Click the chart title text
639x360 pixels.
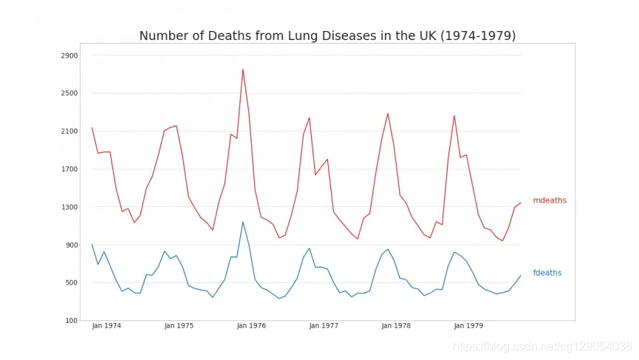click(x=327, y=36)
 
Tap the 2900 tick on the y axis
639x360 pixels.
click(x=69, y=55)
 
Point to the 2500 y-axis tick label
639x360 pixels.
click(x=69, y=93)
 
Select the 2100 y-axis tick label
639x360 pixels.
click(x=69, y=132)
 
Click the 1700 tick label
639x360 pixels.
click(x=69, y=169)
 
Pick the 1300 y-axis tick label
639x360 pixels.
click(x=69, y=207)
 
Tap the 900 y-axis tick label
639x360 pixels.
click(x=72, y=245)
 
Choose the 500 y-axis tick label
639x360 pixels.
click(x=72, y=283)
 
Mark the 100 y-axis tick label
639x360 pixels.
click(x=72, y=321)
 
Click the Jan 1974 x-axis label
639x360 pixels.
click(x=106, y=326)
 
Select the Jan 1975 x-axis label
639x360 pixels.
click(x=179, y=326)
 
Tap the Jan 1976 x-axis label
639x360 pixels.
click(x=251, y=326)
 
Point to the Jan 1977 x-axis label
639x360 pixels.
click(x=324, y=326)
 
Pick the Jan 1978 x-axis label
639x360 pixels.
click(x=397, y=326)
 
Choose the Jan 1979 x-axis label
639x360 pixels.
click(x=469, y=326)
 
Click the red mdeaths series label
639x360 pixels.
click(x=549, y=201)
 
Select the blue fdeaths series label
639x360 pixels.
click(x=547, y=274)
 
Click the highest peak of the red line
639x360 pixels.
click(x=242, y=69)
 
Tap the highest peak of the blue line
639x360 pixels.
click(x=242, y=222)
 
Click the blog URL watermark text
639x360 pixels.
click(x=542, y=347)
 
